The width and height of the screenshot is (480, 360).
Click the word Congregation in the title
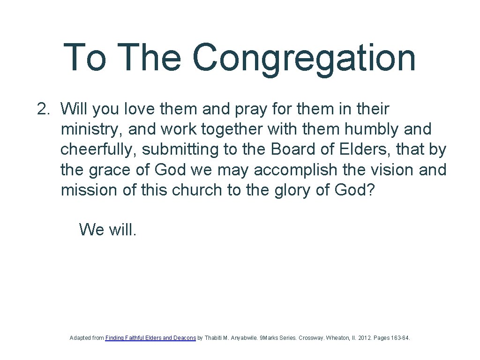[x=304, y=58]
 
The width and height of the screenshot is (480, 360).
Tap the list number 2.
[x=43, y=109]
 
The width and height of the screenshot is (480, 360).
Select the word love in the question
[x=140, y=109]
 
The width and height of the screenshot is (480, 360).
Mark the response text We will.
[x=108, y=229]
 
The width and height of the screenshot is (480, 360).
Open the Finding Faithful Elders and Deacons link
[x=150, y=337]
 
